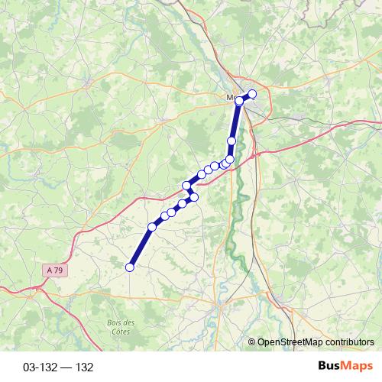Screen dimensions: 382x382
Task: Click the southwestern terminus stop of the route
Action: (130, 267)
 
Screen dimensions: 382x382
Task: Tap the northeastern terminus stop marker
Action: (253, 95)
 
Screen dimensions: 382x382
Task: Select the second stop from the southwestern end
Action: (152, 227)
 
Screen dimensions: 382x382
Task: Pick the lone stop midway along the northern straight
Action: (231, 141)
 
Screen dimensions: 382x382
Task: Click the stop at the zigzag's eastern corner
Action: (194, 197)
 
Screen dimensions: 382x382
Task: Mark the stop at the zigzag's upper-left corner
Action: (186, 186)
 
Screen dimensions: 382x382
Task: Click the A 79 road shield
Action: (52, 270)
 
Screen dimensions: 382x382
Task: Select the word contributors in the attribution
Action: (348, 342)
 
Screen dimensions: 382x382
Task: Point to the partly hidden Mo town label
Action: (231, 98)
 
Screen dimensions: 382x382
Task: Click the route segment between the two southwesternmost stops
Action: (141, 247)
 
